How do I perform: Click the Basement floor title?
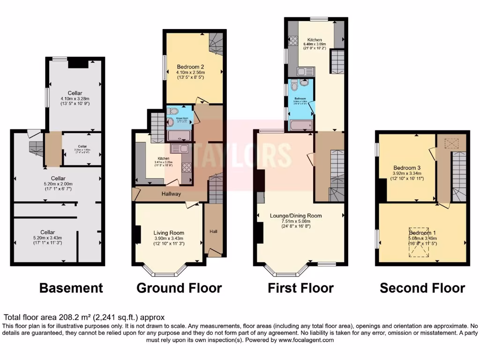(x=71, y=287)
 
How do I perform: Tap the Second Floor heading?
(x=422, y=287)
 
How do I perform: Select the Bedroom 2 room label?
(x=190, y=67)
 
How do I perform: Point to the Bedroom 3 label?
(x=407, y=168)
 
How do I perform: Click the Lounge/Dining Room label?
(x=296, y=216)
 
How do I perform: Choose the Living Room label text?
(x=169, y=232)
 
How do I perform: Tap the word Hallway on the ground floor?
(x=171, y=194)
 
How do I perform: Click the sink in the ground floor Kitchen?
(x=178, y=149)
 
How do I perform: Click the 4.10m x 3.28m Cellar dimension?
(x=75, y=98)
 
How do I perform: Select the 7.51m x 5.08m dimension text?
(x=296, y=222)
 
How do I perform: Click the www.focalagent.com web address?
(x=306, y=340)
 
